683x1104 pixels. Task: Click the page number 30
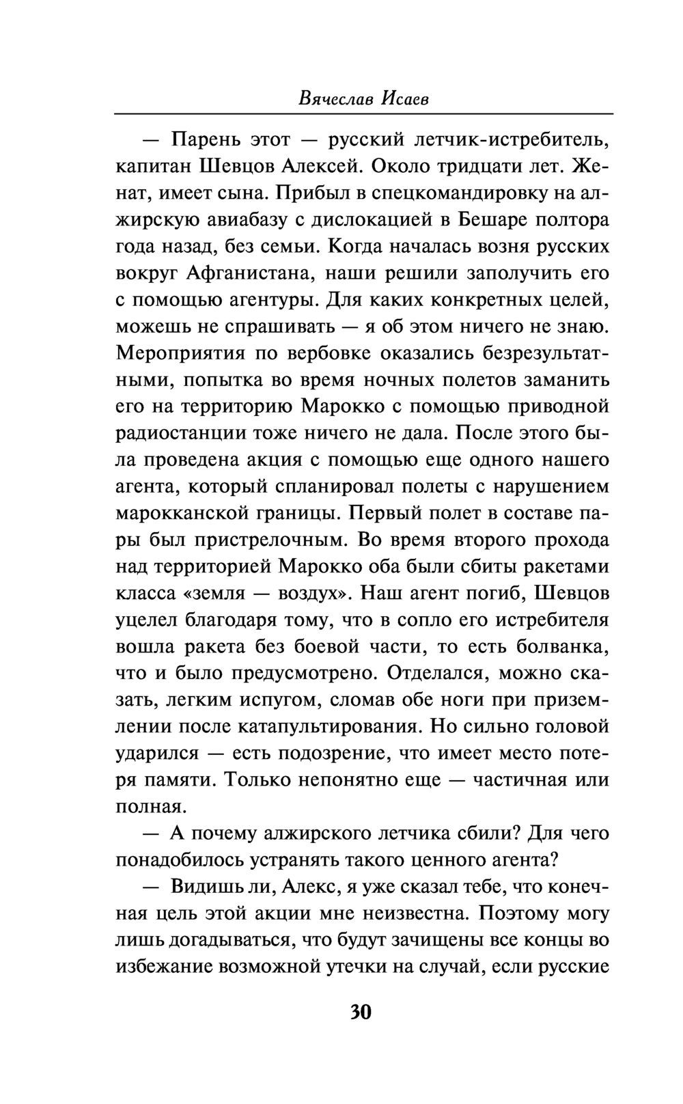pyautogui.click(x=360, y=1011)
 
